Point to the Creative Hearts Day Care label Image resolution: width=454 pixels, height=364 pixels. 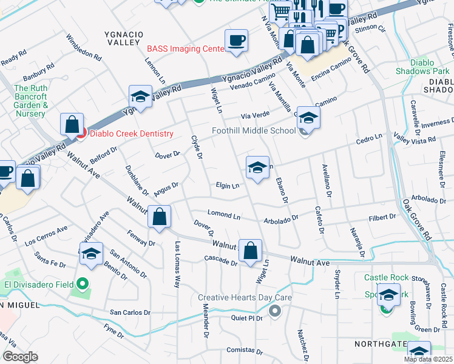(x=245, y=298)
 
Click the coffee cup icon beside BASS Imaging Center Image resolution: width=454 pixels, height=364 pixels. (x=236, y=41)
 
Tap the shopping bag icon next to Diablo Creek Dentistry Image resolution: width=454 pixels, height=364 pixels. (x=72, y=125)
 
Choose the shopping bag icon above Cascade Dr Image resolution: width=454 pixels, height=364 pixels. (x=250, y=251)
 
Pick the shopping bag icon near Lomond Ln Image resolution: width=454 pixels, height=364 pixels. (x=159, y=217)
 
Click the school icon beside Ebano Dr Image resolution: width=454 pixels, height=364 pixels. (x=257, y=168)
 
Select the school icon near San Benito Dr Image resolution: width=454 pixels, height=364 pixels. (x=91, y=254)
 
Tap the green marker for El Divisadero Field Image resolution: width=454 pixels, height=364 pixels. (x=82, y=284)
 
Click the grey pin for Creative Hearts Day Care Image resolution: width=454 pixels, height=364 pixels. (x=275, y=311)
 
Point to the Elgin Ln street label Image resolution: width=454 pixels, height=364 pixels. (x=227, y=186)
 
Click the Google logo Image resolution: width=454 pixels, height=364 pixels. (x=20, y=357)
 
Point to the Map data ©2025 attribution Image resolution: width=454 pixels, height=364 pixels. (x=429, y=359)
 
